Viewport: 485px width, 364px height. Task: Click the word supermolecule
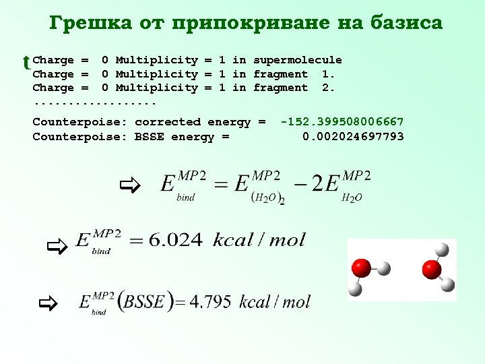(x=297, y=60)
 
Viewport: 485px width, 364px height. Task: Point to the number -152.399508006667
(x=342, y=122)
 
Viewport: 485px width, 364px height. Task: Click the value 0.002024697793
(x=353, y=137)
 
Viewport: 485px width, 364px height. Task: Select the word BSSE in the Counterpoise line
(x=150, y=137)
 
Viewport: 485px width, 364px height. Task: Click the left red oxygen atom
(x=361, y=268)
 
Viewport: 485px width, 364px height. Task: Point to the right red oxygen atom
(x=431, y=270)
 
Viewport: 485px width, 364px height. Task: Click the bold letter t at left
(x=26, y=63)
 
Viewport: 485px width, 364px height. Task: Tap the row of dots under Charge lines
(x=94, y=104)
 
